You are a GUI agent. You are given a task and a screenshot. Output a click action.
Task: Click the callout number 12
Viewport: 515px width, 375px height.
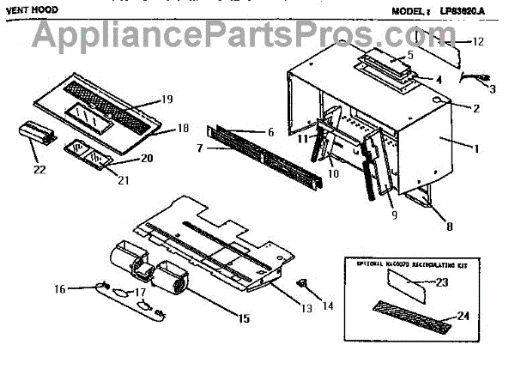(x=479, y=41)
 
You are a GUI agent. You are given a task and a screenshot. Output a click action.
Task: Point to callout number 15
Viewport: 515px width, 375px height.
(x=244, y=318)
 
